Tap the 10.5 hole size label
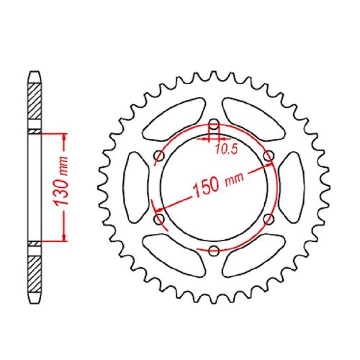pyautogui.click(x=226, y=149)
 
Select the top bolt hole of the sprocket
pyautogui.click(x=214, y=125)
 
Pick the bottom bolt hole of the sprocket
pyautogui.click(x=214, y=251)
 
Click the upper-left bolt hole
pyautogui.click(x=159, y=156)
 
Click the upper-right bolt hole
pyautogui.click(x=269, y=156)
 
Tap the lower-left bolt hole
pyautogui.click(x=159, y=219)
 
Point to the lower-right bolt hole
pyautogui.click(x=269, y=219)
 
